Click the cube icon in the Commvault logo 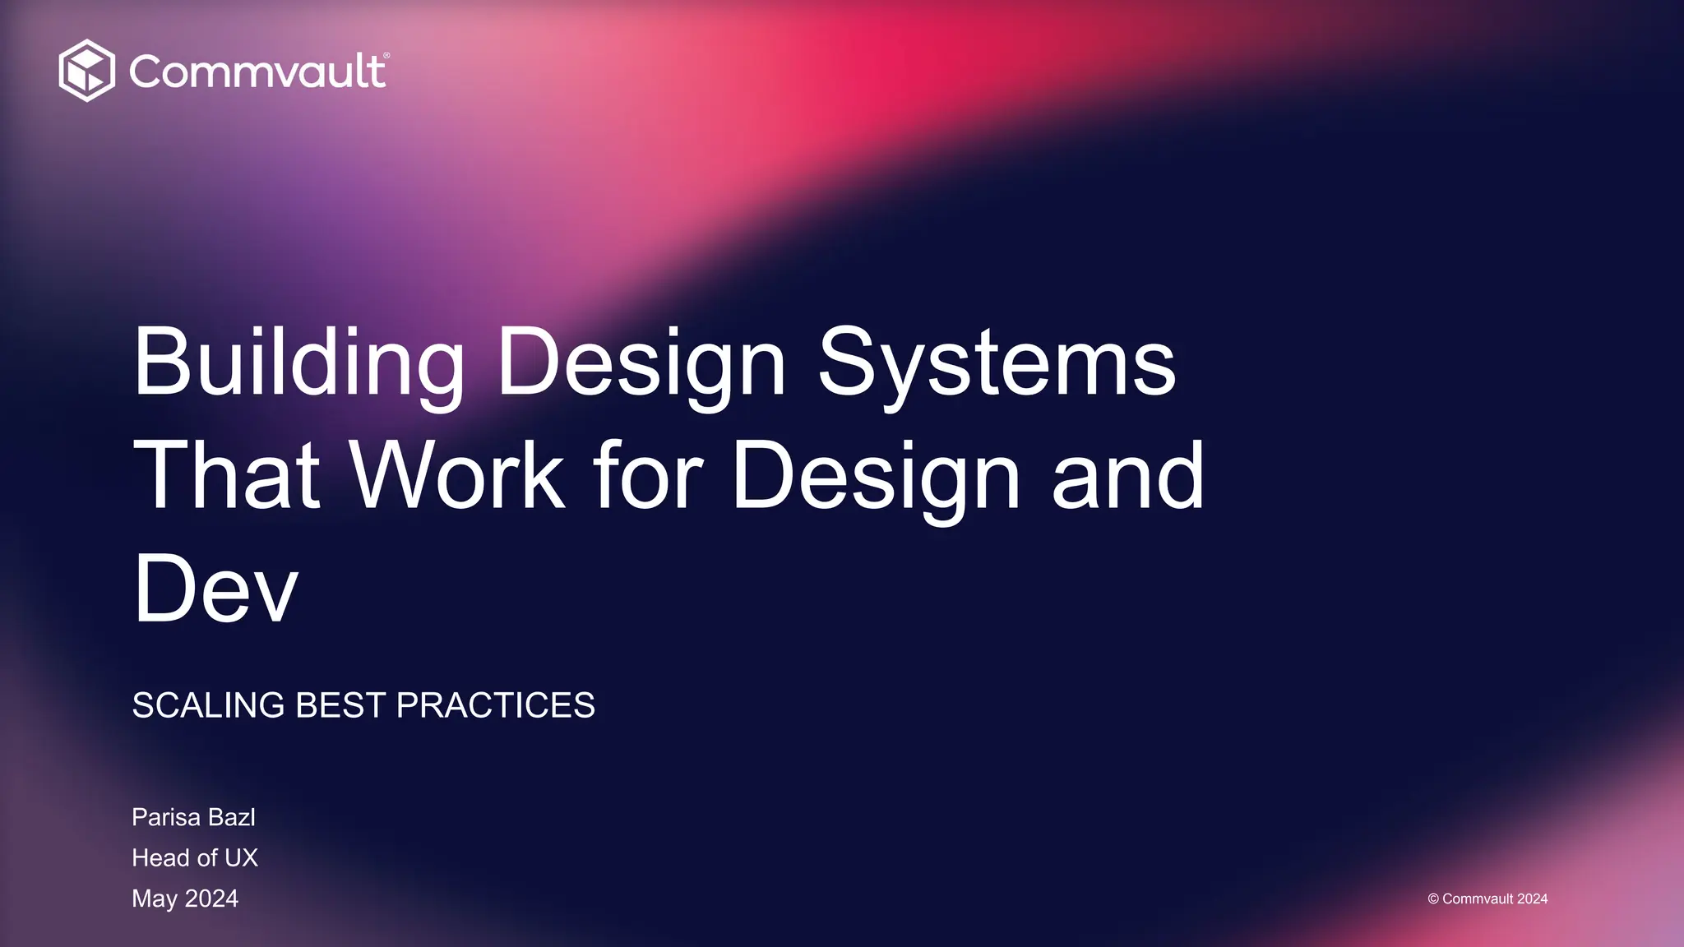86,71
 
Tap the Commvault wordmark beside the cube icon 257,72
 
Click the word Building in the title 298,363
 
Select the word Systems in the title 997,363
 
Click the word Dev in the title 215,589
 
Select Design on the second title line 876,476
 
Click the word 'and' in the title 1127,476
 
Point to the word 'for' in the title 648,476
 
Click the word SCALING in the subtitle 208,705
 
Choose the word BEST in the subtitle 340,705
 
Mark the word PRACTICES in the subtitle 495,705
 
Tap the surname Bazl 232,817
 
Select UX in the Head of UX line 241,857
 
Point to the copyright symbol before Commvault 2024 1433,899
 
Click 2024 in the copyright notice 1532,899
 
